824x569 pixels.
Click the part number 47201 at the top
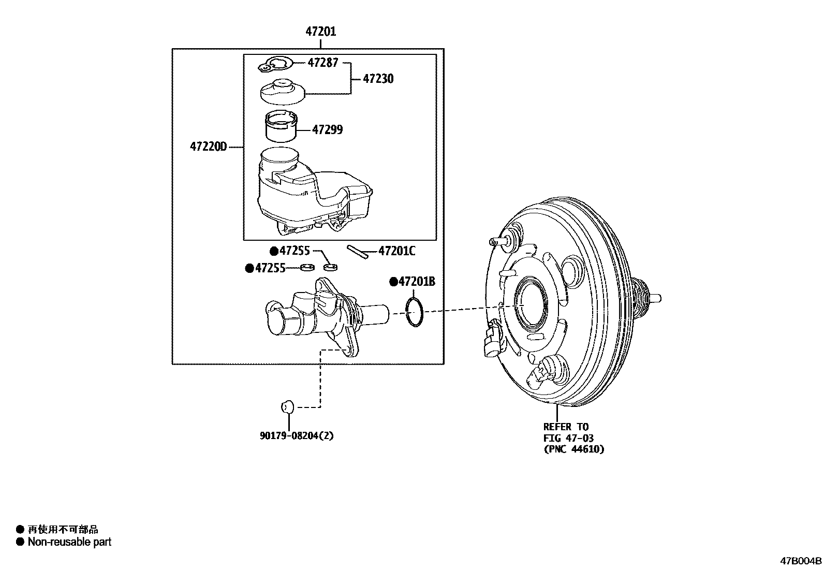tap(321, 32)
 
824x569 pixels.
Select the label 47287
tap(322, 63)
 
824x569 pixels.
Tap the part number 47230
tap(378, 79)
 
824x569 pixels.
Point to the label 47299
tap(327, 129)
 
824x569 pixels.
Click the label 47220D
tap(209, 147)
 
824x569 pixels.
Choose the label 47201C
tap(397, 251)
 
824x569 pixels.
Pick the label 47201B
tap(416, 282)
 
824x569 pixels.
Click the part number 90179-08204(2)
tap(297, 436)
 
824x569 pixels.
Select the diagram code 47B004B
tap(801, 561)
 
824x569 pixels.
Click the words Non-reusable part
tap(69, 542)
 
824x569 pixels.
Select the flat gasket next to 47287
tap(275, 64)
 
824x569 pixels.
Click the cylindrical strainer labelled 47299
tap(281, 126)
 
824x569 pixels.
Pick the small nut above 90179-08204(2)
tap(287, 406)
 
